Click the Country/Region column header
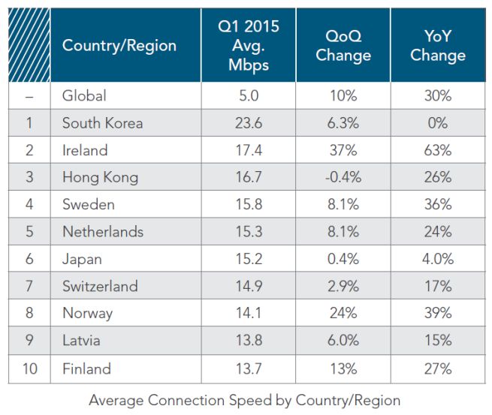[x=119, y=46]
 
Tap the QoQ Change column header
[x=343, y=46]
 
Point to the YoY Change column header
[x=437, y=46]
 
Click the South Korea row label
[x=102, y=123]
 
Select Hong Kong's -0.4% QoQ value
[x=343, y=178]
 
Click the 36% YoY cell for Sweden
[x=437, y=205]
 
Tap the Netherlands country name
[x=102, y=232]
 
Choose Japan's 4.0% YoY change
[x=437, y=260]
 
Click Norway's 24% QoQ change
[x=343, y=314]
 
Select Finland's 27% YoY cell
[x=437, y=368]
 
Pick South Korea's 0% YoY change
[x=437, y=123]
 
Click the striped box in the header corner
[x=29, y=46]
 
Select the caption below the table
[x=244, y=400]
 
